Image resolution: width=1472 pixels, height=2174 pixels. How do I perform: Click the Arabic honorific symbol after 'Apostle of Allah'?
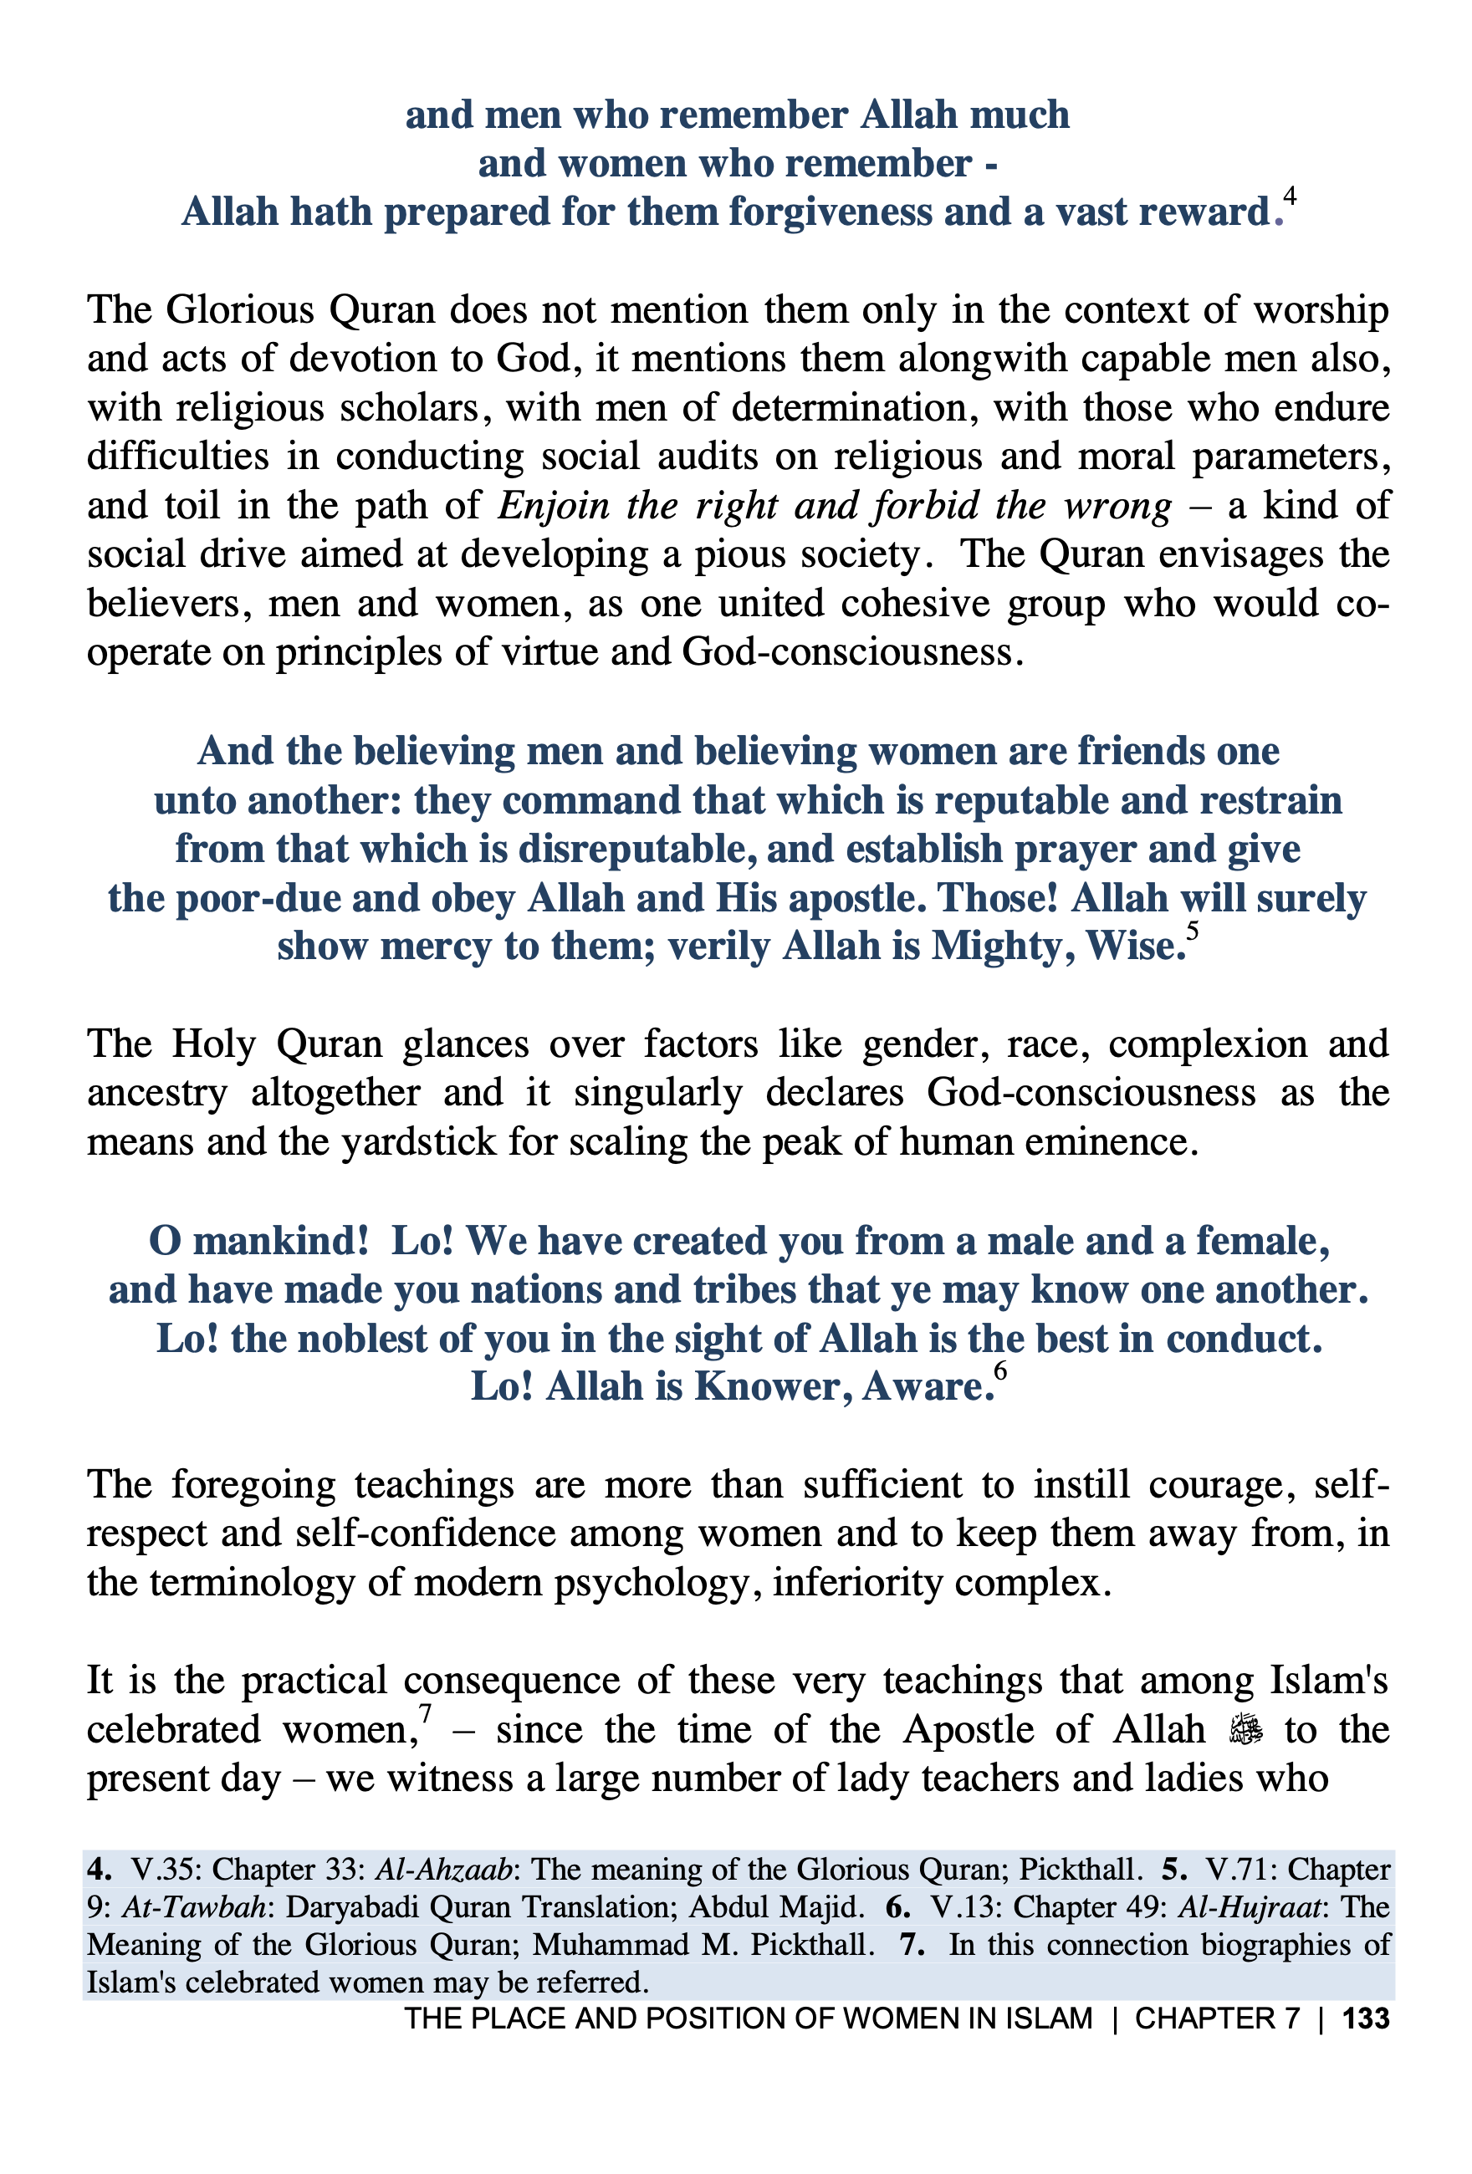pos(1245,1731)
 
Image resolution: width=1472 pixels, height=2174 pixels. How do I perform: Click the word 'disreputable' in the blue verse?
pos(636,850)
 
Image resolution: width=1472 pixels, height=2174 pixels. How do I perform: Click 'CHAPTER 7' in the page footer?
pos(1217,2018)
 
